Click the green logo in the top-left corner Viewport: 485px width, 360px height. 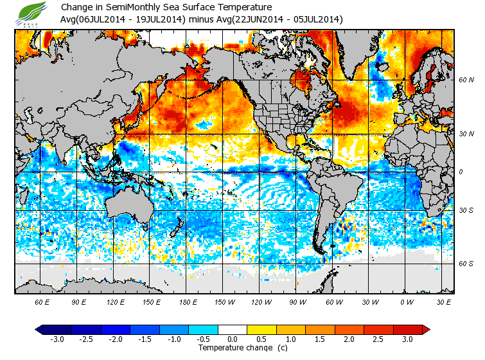[x=33, y=14]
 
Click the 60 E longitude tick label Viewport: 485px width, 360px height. [x=42, y=302]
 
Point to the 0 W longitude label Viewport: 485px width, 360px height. [x=405, y=302]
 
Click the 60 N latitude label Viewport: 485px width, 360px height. [x=466, y=80]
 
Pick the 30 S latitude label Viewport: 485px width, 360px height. [x=466, y=210]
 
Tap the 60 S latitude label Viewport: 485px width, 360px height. [x=466, y=264]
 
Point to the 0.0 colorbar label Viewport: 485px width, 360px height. [x=233, y=339]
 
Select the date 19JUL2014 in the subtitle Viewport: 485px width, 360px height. [x=160, y=19]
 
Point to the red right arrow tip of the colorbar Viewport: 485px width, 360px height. [x=427, y=329]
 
